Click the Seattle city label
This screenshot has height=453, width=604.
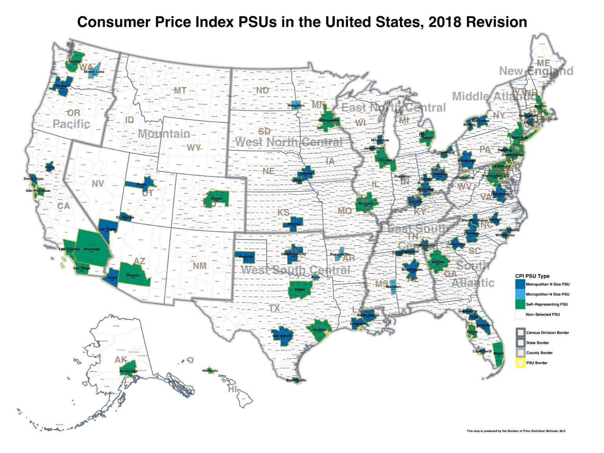pyautogui.click(x=75, y=61)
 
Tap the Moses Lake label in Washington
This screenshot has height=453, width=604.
pyautogui.click(x=94, y=72)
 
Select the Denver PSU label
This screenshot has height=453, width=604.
pyautogui.click(x=217, y=199)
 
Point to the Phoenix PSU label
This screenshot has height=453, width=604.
pyautogui.click(x=133, y=275)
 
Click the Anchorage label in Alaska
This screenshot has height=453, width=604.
pyautogui.click(x=129, y=371)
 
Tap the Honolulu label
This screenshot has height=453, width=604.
pyautogui.click(x=210, y=370)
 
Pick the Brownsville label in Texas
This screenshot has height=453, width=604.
pyautogui.click(x=296, y=380)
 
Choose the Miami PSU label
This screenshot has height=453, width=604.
pyautogui.click(x=498, y=354)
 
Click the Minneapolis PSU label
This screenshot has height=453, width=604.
pyautogui.click(x=328, y=120)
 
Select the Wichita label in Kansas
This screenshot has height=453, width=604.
pyautogui.click(x=294, y=224)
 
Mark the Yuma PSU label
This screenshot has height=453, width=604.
pyautogui.click(x=112, y=278)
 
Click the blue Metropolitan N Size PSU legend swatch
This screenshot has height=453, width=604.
pyautogui.click(x=520, y=284)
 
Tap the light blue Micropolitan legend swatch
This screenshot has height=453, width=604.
pyautogui.click(x=520, y=294)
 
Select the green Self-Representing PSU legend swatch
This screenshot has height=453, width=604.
pyautogui.click(x=520, y=304)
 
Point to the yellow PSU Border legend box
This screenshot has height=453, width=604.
pyautogui.click(x=521, y=363)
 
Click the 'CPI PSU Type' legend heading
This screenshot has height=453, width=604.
pyautogui.click(x=532, y=276)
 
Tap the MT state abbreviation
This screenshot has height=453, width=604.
pyautogui.click(x=180, y=90)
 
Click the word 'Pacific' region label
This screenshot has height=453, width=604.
pyautogui.click(x=71, y=124)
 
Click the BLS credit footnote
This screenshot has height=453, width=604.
pyautogui.click(x=516, y=431)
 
